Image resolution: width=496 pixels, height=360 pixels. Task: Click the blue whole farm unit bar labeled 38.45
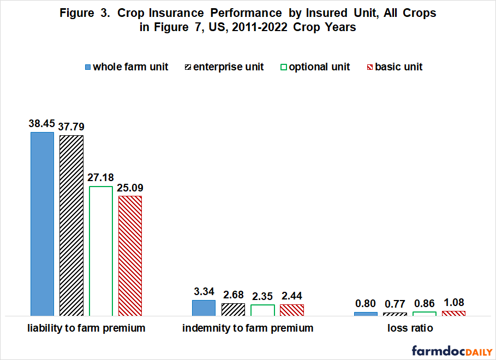coord(43,224)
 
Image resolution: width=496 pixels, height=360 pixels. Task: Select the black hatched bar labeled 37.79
coord(71,226)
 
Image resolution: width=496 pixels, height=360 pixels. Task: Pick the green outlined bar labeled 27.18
coord(101,251)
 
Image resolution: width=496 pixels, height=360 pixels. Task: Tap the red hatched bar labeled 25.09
coord(130,256)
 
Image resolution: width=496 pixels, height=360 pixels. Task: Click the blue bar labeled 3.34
coord(204,308)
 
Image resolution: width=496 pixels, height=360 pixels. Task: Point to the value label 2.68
coord(234,295)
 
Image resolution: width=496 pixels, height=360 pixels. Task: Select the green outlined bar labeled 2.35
coord(262,310)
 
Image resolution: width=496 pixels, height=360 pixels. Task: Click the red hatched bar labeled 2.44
coord(292,310)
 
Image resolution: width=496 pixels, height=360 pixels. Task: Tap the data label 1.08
coord(454,302)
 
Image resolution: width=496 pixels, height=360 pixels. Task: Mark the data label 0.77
coord(395,304)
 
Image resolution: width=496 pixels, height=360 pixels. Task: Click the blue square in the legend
coord(88,67)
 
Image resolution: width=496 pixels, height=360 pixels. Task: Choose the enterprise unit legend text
coord(229,67)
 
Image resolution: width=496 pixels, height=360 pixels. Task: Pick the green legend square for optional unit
coord(283,67)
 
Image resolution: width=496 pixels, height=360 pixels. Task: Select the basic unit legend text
coord(398,67)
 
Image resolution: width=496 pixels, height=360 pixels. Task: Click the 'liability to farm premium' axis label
coord(86,328)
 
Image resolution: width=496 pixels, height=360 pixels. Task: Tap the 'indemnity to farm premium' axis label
coord(248,328)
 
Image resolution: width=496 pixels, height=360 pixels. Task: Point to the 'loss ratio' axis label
coord(410,328)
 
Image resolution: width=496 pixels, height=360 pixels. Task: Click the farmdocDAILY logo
coord(452,351)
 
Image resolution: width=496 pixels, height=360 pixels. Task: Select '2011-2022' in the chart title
coord(259,27)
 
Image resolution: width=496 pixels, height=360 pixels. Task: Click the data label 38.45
coord(42,123)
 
